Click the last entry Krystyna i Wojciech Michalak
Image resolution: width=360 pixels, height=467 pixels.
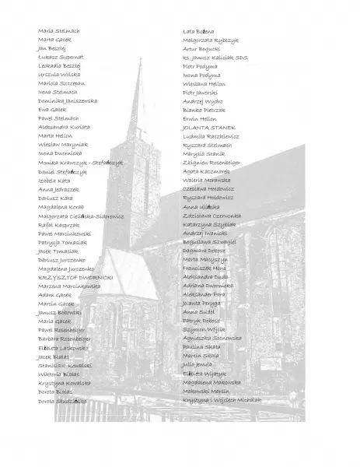tap(222, 399)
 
